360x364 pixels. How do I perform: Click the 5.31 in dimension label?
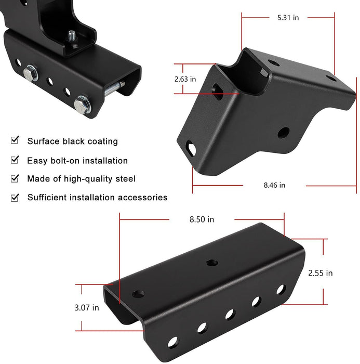[x=288, y=18]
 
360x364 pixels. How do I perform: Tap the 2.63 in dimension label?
[x=185, y=79]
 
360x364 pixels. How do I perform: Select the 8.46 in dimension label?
[x=274, y=185]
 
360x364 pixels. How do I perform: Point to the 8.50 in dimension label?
[x=201, y=219]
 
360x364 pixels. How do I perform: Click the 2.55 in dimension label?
[x=321, y=272]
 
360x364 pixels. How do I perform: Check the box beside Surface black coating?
[x=15, y=140]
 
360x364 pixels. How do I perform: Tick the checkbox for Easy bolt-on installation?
[x=15, y=160]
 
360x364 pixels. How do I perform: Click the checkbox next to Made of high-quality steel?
[x=15, y=178]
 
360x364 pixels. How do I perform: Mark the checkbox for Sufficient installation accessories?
[x=15, y=197]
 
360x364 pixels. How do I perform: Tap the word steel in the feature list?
[x=125, y=179]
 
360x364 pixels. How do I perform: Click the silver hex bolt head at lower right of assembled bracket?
[x=82, y=106]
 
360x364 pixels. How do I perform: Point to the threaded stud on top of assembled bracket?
[x=72, y=36]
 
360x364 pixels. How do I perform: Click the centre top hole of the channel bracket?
[x=211, y=263]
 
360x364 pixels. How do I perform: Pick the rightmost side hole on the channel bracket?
[x=280, y=289]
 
